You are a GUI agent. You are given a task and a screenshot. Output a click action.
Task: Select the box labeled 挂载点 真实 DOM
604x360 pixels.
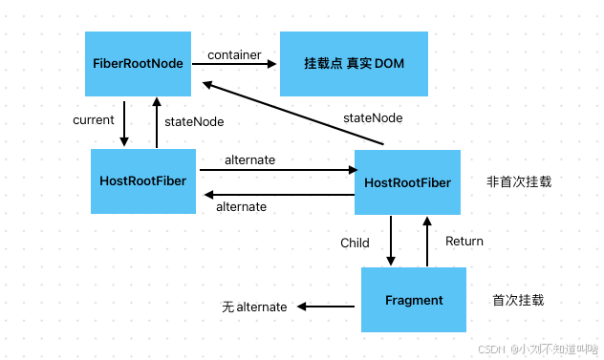click(x=341, y=63)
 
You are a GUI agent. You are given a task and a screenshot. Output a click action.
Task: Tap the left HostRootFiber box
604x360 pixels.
click(x=143, y=180)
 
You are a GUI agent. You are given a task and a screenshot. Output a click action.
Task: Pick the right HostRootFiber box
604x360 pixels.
click(x=407, y=181)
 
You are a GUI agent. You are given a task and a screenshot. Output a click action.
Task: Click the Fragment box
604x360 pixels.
click(x=413, y=300)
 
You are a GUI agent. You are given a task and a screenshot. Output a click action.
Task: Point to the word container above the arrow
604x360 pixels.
click(x=234, y=55)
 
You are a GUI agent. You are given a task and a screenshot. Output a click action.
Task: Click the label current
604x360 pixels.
click(x=94, y=120)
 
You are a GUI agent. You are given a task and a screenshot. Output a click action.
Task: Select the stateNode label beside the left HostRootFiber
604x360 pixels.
click(x=195, y=121)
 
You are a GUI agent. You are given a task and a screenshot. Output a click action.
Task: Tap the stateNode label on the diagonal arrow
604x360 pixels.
click(x=373, y=117)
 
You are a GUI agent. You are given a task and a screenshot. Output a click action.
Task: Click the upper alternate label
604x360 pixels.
click(x=249, y=160)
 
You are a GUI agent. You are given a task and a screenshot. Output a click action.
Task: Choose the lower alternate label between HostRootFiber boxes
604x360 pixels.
click(x=242, y=206)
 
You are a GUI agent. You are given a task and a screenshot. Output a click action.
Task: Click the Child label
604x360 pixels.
click(x=355, y=243)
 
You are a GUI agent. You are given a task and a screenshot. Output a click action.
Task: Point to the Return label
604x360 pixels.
click(x=464, y=242)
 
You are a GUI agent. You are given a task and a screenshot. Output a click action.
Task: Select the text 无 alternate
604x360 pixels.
click(x=254, y=307)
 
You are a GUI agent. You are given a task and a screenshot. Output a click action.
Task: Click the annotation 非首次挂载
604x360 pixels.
click(x=519, y=180)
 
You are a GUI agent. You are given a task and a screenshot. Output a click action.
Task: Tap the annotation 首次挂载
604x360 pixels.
click(x=518, y=300)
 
